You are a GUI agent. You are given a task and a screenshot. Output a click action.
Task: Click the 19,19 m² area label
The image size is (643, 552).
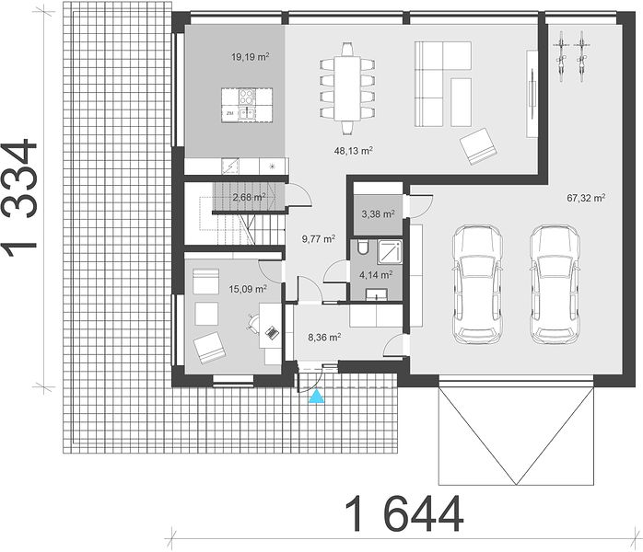pyautogui.click(x=251, y=57)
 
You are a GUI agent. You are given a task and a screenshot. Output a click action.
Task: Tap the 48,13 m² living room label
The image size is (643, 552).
pyautogui.click(x=353, y=151)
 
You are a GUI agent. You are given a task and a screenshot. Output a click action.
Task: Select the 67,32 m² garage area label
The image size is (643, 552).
pyautogui.click(x=586, y=198)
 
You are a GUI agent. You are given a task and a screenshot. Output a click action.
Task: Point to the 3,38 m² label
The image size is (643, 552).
pyautogui.click(x=378, y=213)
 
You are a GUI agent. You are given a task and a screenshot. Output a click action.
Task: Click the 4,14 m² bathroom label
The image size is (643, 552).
pyautogui.click(x=376, y=275)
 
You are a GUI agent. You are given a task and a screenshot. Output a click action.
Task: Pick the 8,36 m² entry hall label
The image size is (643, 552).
pyautogui.click(x=324, y=338)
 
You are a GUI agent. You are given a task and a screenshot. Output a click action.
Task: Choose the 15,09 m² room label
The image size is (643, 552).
pyautogui.click(x=248, y=289)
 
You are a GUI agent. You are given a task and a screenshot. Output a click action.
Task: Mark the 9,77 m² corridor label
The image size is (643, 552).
pyautogui.click(x=319, y=238)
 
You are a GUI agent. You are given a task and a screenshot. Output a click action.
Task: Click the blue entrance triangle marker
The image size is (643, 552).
pyautogui.click(x=317, y=397)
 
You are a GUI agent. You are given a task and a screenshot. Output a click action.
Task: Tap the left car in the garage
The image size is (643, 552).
pyautogui.click(x=477, y=284)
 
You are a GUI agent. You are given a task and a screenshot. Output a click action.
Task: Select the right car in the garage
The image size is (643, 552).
pyautogui.click(x=555, y=284)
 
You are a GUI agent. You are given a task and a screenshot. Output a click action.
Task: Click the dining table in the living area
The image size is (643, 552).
pyautogui.click(x=347, y=89)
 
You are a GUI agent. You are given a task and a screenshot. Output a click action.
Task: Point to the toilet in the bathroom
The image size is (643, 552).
pyautogui.click(x=363, y=247)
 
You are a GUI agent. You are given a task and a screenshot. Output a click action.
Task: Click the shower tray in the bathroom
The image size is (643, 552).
pyautogui.click(x=390, y=253)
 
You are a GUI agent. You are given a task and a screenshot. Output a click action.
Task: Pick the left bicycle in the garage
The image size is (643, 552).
pyautogui.click(x=561, y=56)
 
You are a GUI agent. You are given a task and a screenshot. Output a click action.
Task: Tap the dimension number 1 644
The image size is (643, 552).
pyautogui.click(x=404, y=514)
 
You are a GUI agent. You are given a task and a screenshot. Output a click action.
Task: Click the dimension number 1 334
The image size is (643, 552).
pyautogui.click(x=19, y=199)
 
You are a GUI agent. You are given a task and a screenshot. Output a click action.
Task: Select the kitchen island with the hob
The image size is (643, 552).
pyautogui.click(x=247, y=105)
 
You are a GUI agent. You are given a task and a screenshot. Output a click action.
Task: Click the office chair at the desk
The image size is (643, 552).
pyautogui.click(x=252, y=322)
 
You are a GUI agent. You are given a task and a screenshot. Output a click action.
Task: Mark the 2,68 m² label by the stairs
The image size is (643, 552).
pyautogui.click(x=249, y=198)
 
